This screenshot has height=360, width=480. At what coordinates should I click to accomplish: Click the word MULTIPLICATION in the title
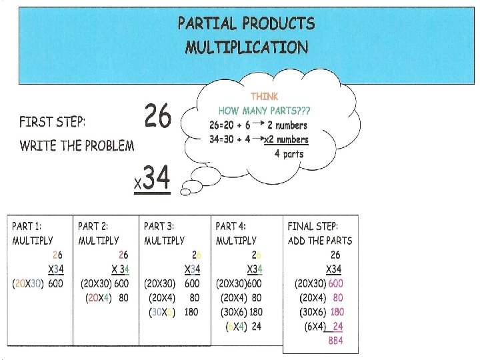pos(247,47)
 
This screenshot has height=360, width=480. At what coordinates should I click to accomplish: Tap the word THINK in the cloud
pos(264,97)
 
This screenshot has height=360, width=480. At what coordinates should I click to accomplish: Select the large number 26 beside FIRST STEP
pos(158,118)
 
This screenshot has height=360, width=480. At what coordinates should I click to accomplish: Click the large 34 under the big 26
pos(157,178)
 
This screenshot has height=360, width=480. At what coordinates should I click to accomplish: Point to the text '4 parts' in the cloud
pos(289,154)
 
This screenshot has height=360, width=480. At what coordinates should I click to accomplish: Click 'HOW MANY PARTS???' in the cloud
pos(264,111)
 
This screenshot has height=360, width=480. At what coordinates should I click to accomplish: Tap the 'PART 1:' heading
pos(30,227)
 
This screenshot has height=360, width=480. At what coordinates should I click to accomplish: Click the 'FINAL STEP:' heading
pos(313,227)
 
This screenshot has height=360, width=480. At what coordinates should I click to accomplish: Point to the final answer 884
pos(336,340)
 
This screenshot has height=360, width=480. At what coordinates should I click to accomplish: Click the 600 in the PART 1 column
pos(56,283)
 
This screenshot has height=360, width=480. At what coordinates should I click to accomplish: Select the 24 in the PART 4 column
pos(256,326)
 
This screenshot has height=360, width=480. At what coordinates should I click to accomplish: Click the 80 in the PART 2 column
pos(123,298)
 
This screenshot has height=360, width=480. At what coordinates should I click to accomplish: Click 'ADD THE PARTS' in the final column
pos(320,241)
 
